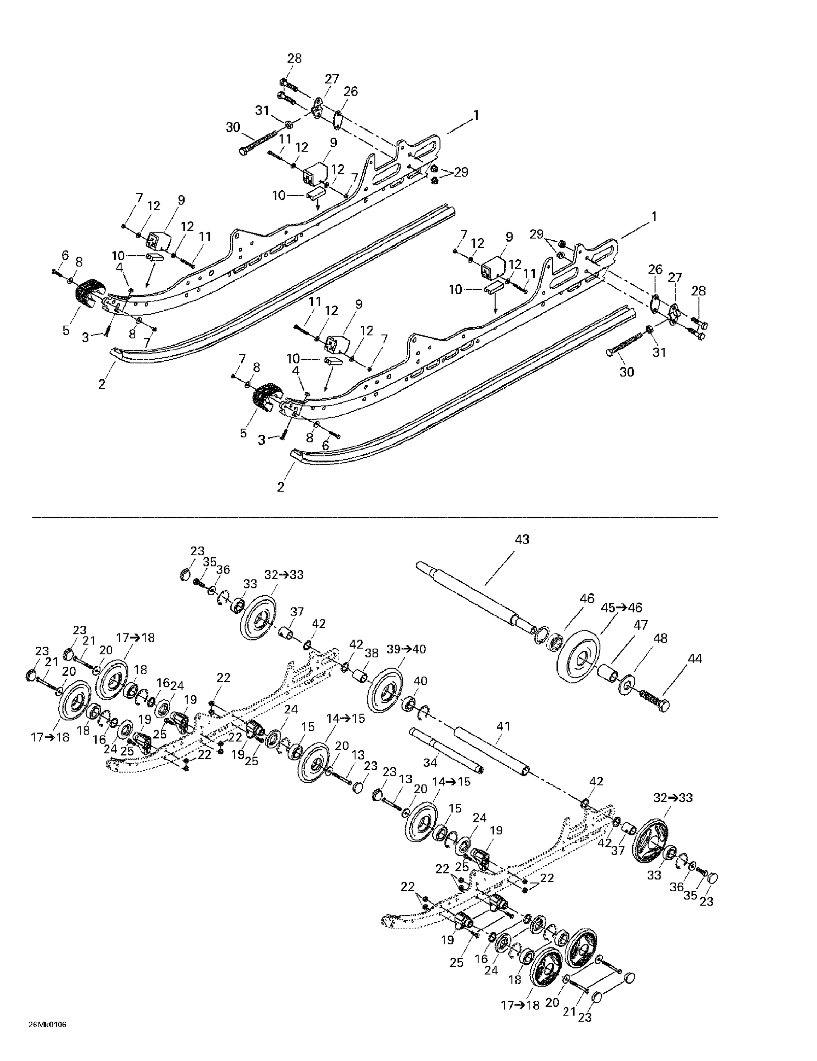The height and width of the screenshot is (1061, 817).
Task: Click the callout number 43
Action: click(x=522, y=539)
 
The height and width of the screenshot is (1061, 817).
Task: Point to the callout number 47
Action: click(x=641, y=625)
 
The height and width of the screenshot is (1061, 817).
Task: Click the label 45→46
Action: click(x=622, y=608)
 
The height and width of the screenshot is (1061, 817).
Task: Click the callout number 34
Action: click(x=430, y=763)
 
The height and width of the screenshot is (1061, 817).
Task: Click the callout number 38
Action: click(x=371, y=654)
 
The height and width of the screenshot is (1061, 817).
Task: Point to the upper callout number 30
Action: click(x=233, y=127)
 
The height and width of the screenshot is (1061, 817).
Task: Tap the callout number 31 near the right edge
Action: click(x=659, y=353)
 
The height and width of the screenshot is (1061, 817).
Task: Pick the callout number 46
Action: click(x=587, y=598)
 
